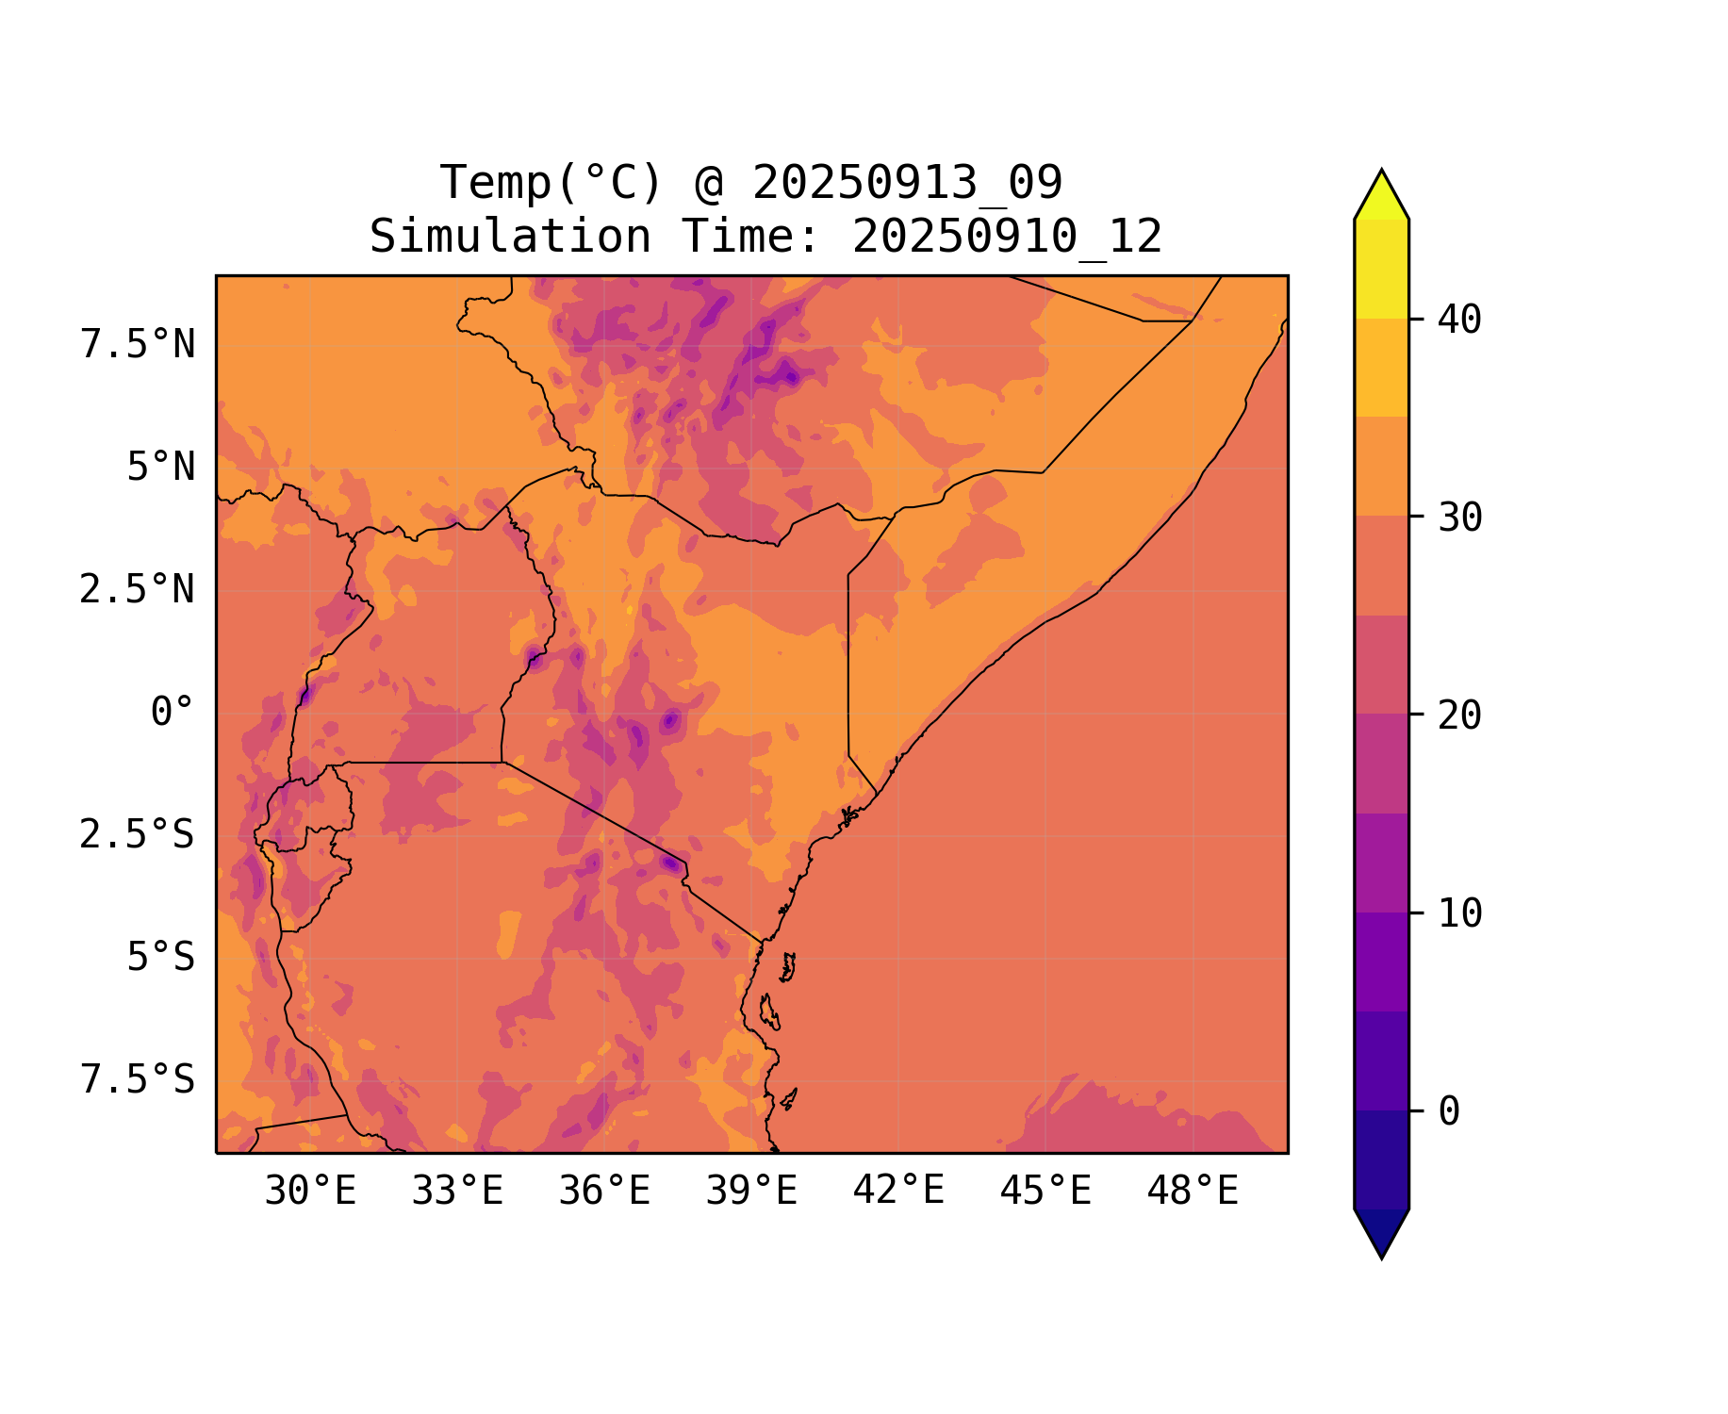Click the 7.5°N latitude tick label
tap(138, 345)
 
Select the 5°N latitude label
tap(161, 468)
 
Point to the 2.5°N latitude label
tap(138, 590)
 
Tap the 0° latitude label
tap(173, 713)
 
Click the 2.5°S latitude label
tap(138, 835)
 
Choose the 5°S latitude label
tap(161, 958)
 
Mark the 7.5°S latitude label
tap(138, 1080)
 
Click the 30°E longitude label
tap(310, 1192)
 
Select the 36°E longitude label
tap(604, 1192)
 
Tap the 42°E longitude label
tap(898, 1192)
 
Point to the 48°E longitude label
tap(1193, 1192)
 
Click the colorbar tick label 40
tap(1459, 321)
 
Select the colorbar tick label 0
tap(1449, 1112)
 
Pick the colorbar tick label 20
tap(1459, 716)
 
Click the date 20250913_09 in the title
tap(907, 183)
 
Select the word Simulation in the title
tap(510, 237)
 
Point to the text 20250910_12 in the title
tap(1007, 237)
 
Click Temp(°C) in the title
tap(551, 183)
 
